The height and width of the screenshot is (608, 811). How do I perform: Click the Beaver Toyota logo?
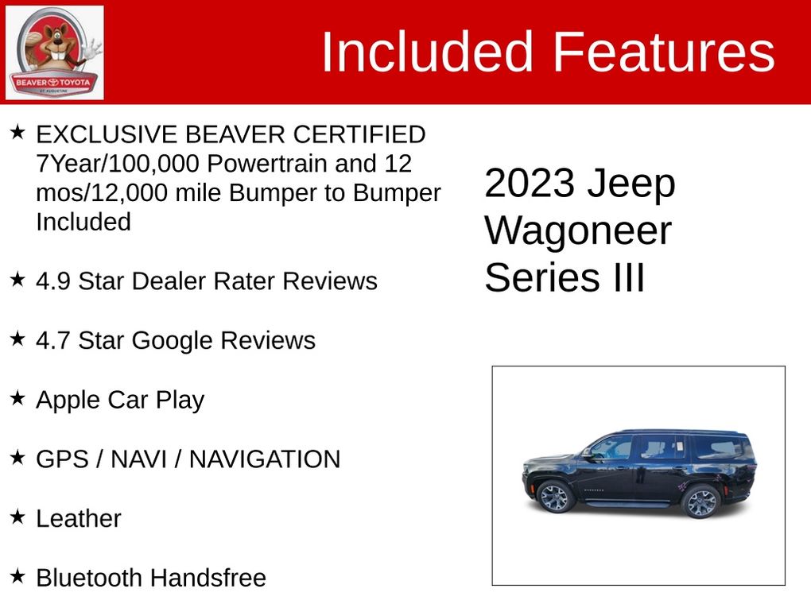pyautogui.click(x=54, y=52)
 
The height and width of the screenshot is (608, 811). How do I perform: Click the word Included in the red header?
pyautogui.click(x=427, y=52)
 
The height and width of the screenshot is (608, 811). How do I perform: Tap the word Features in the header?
pyautogui.click(x=664, y=52)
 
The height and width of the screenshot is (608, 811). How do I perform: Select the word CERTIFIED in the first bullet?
pyautogui.click(x=359, y=134)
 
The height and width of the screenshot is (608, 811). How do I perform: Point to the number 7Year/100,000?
pyautogui.click(x=118, y=164)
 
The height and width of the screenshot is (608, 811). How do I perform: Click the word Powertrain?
pyautogui.click(x=267, y=164)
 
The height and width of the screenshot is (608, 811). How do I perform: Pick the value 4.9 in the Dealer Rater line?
pyautogui.click(x=52, y=281)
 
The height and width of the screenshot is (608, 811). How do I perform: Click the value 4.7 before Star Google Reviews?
pyautogui.click(x=52, y=341)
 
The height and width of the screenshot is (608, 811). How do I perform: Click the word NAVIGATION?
pyautogui.click(x=265, y=459)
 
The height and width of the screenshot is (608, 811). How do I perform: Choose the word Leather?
pyautogui.click(x=79, y=518)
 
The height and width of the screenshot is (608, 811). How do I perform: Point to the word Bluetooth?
pyautogui.click(x=90, y=578)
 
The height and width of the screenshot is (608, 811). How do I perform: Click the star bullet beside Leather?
pyautogui.click(x=17, y=517)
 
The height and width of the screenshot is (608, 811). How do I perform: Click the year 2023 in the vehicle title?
pyautogui.click(x=530, y=183)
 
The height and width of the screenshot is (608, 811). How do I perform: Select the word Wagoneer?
pyautogui.click(x=578, y=231)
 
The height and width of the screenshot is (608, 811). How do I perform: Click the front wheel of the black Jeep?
pyautogui.click(x=554, y=498)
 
